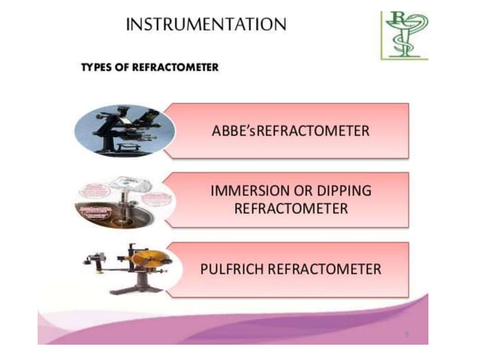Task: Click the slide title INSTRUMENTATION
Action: pos(206,25)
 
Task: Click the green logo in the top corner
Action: pos(404,35)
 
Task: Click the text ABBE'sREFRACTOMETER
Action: pos(291,131)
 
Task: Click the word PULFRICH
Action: pos(234,269)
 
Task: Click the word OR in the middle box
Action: pos(305,191)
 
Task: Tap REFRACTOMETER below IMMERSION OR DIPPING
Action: pos(291,209)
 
